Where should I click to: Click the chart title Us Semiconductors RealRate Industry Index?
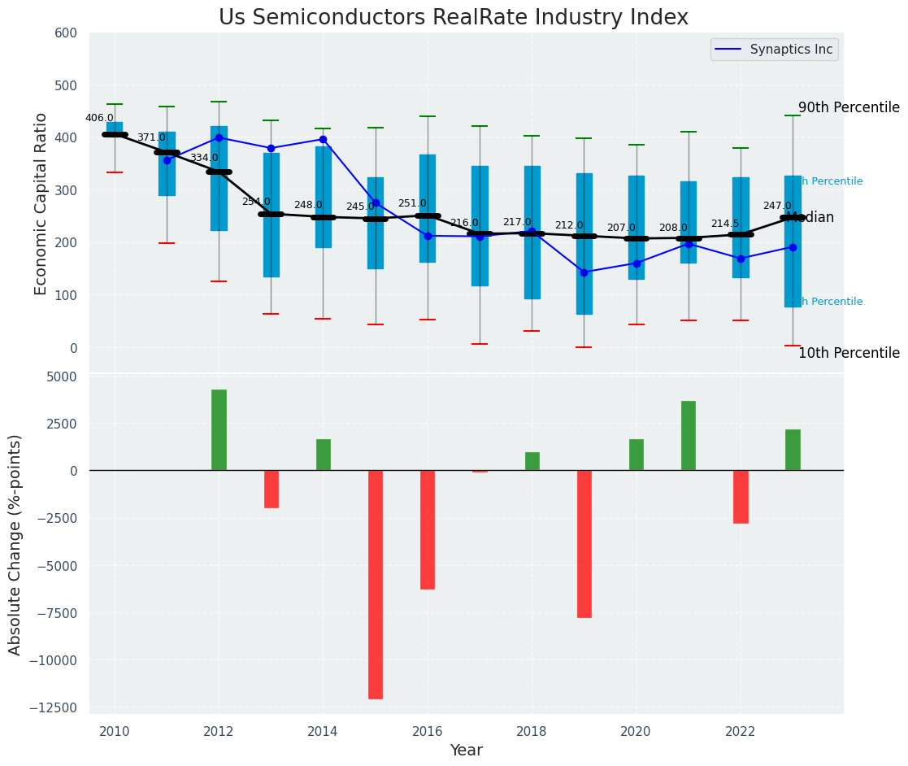coord(454,18)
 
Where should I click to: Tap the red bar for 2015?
coord(376,584)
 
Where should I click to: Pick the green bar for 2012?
coord(219,429)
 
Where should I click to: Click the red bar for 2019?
coord(584,543)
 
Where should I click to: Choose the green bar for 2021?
coord(689,435)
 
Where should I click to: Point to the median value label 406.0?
coord(99,118)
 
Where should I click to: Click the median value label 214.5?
coord(725,224)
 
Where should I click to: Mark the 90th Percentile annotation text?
coord(849,108)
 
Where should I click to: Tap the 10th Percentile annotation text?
coord(849,353)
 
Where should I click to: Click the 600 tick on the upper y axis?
coord(66,33)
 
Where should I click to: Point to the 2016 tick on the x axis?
coord(428,731)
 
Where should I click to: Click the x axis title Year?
coord(467,751)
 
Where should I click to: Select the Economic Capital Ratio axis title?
coord(41,203)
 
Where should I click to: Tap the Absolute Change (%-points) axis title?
coord(15,544)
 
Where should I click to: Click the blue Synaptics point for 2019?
coord(584,272)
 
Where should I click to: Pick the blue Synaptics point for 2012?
coord(219,137)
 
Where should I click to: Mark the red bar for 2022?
coord(741,496)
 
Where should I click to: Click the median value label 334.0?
coord(204,158)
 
